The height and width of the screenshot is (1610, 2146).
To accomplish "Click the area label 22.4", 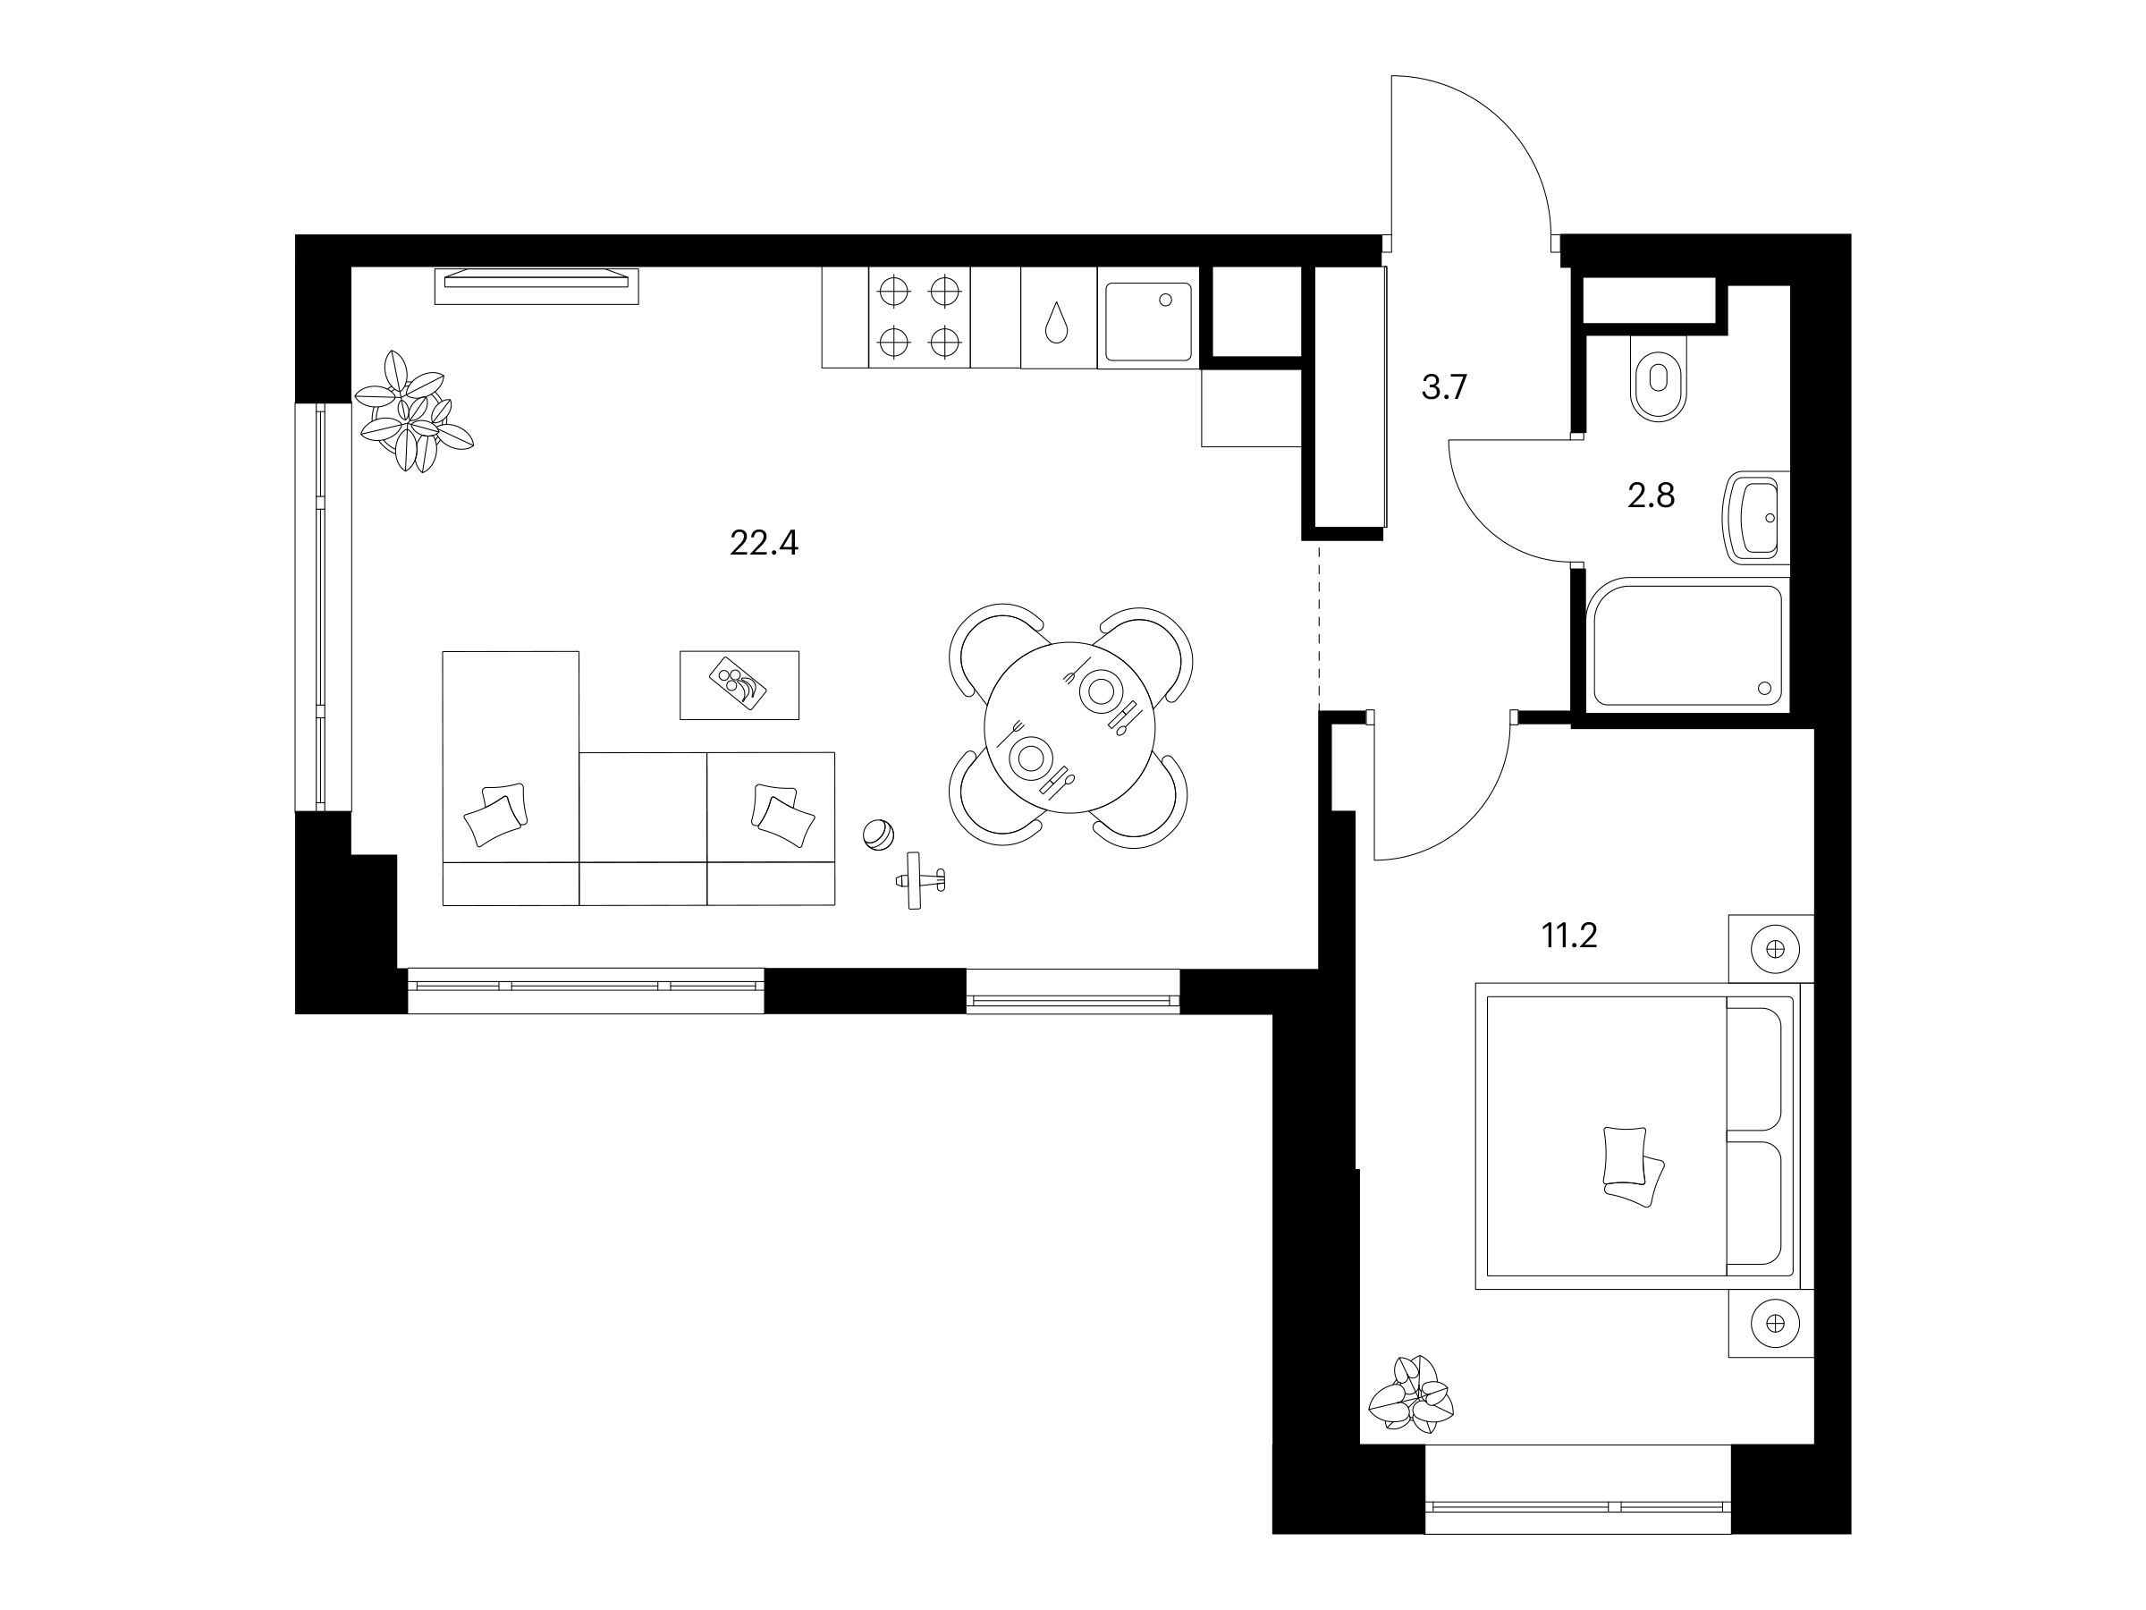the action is [x=764, y=544].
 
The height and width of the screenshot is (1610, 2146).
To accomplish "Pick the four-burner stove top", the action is [x=918, y=318].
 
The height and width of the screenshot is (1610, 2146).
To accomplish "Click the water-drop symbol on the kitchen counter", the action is [x=1055, y=322].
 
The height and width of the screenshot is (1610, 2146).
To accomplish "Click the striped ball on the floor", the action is [x=878, y=835].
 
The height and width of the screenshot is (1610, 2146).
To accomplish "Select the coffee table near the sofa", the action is [x=739, y=685].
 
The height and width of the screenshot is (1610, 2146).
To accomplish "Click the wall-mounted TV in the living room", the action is [x=536, y=285].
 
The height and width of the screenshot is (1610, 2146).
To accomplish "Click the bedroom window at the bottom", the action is [x=1577, y=1506].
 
